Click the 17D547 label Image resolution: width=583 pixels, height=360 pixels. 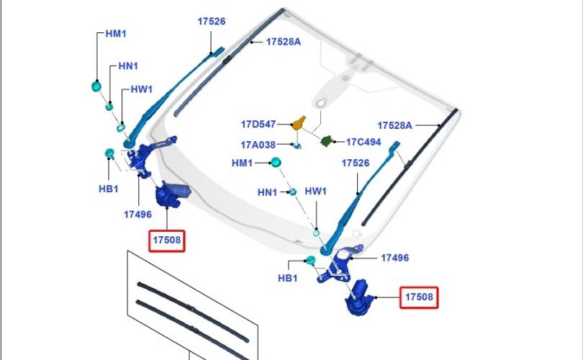coord(258,125)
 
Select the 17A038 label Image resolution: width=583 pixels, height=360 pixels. coord(258,145)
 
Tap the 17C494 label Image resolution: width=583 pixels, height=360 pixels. coord(363,142)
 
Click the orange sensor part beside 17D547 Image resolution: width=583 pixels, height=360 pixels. coord(299,123)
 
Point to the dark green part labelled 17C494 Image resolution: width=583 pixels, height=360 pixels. coord(326,141)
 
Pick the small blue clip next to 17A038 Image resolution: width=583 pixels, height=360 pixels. coord(297,145)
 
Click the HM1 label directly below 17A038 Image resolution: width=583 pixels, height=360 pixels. coord(242,163)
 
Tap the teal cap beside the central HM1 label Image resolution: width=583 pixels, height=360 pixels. coord(276,162)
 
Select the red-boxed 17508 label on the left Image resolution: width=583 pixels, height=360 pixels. coord(166,240)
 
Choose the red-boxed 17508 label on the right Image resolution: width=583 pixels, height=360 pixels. coord(419,297)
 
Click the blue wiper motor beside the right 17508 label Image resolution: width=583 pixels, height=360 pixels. coord(358,297)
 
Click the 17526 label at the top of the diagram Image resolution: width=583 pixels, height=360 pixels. coord(211,21)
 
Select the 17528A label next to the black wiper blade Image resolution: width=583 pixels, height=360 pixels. coord(394,126)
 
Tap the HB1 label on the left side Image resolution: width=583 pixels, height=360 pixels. coord(108,189)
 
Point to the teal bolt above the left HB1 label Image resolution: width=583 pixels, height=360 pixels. coord(109,153)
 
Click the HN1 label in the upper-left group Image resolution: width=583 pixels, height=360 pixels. coord(128,66)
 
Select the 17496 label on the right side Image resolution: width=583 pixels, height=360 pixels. coord(394,258)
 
